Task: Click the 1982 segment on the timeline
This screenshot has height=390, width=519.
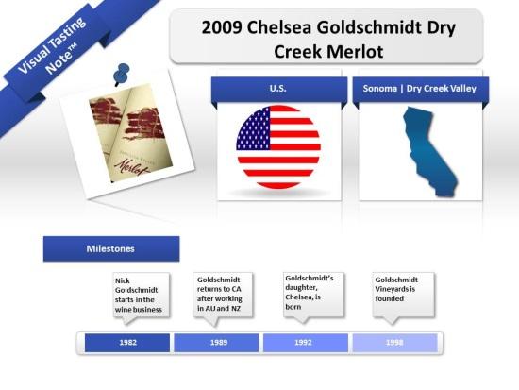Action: point(127,343)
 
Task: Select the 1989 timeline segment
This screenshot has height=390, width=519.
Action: point(216,343)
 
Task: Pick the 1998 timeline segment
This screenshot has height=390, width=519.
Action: point(394,343)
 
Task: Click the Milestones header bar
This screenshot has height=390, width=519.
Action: point(111,248)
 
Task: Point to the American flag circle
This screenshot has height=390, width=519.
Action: point(277,147)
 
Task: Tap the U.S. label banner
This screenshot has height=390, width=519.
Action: point(277,89)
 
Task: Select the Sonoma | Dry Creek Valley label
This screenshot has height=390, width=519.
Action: point(419,89)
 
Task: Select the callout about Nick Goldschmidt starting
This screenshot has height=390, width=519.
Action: point(138,294)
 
